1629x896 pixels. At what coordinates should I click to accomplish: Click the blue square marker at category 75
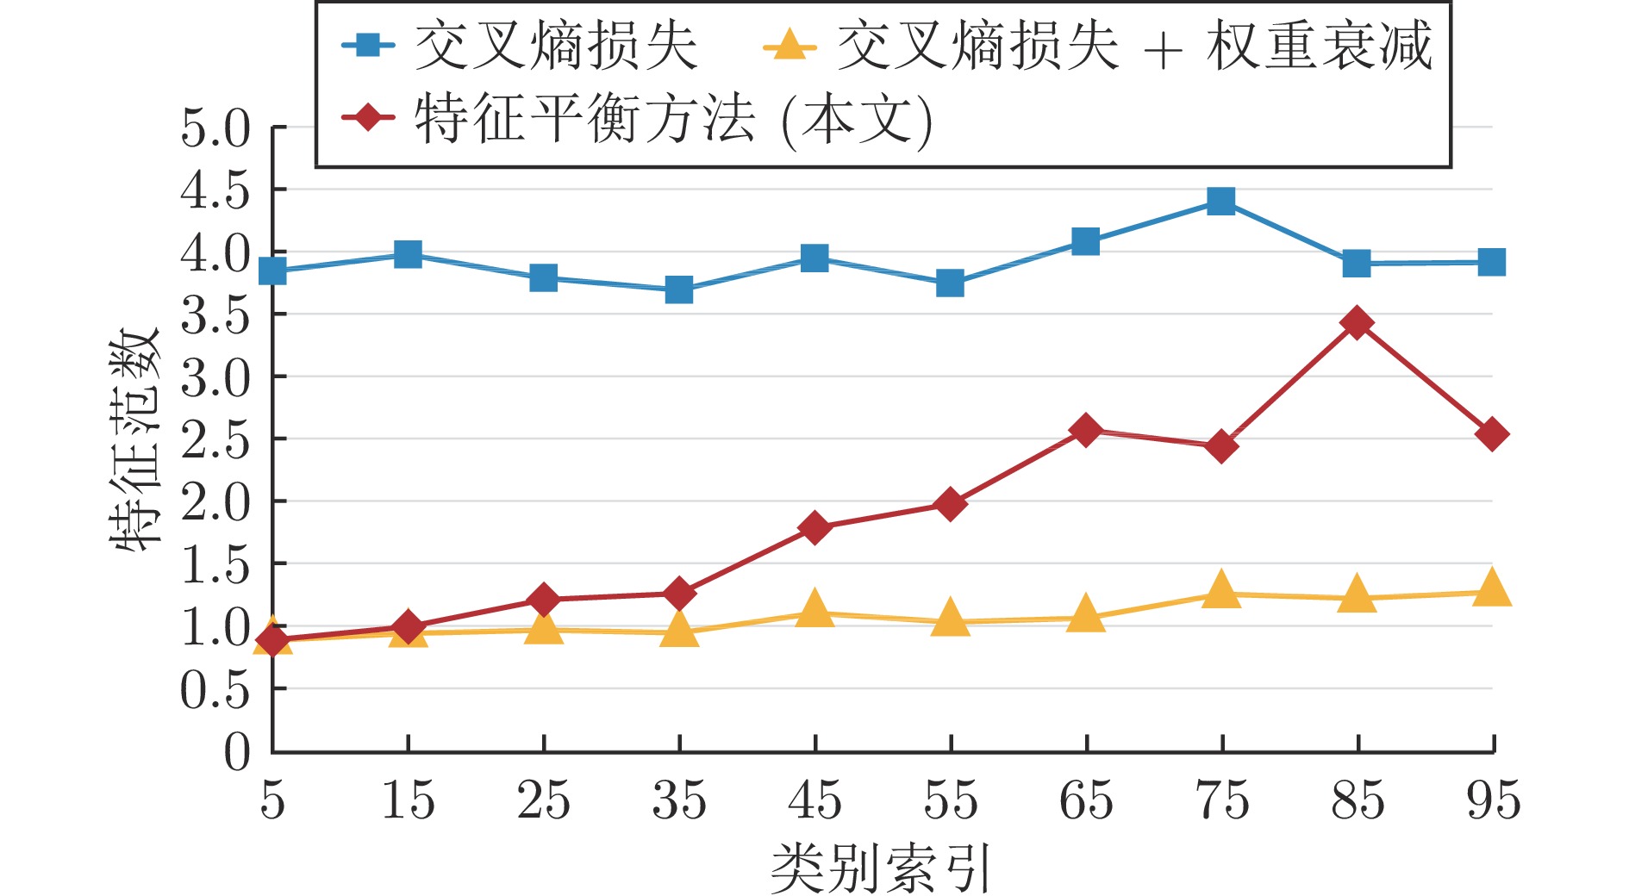click(x=1220, y=202)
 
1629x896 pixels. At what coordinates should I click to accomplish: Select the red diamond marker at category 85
click(x=1357, y=323)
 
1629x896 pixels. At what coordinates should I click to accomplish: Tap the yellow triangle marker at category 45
click(x=814, y=609)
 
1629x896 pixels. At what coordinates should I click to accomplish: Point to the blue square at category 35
click(x=679, y=289)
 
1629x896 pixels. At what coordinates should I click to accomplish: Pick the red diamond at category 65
click(x=1086, y=430)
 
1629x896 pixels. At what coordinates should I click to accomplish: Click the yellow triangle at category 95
click(x=1492, y=589)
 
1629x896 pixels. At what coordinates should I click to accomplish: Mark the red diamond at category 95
click(x=1492, y=434)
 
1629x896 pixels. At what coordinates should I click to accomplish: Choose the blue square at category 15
click(x=408, y=254)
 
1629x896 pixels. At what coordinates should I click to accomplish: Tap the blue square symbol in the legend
click(x=369, y=45)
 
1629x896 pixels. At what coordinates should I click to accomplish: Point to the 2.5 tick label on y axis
click(x=215, y=439)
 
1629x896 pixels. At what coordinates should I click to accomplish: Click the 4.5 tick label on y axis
click(x=215, y=190)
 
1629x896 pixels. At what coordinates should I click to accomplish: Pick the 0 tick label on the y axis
click(x=237, y=751)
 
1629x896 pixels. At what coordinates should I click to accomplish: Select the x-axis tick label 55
click(x=950, y=800)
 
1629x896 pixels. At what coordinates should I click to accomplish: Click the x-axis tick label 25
click(x=543, y=800)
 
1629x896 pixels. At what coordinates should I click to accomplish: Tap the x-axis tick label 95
click(x=1493, y=800)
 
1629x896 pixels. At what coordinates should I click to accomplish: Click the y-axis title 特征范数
click(x=135, y=439)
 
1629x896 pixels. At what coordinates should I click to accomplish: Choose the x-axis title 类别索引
click(x=881, y=868)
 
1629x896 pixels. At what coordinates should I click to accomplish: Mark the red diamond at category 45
click(x=814, y=527)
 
